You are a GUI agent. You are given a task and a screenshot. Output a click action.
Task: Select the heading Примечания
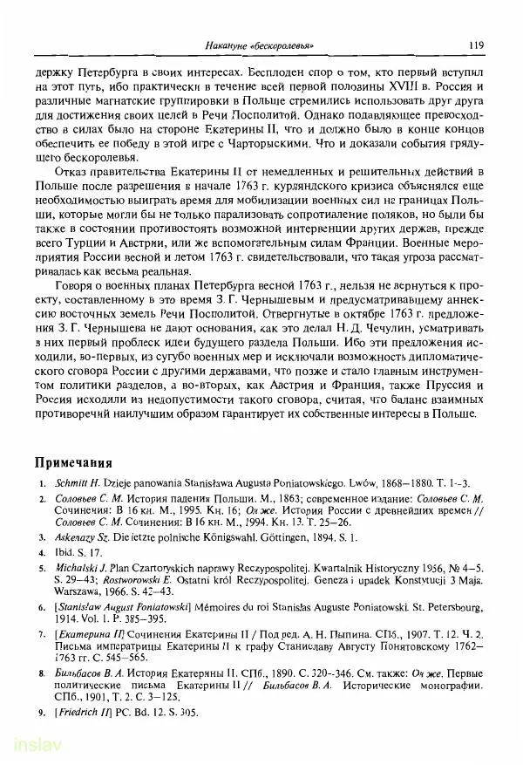click(x=74, y=461)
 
